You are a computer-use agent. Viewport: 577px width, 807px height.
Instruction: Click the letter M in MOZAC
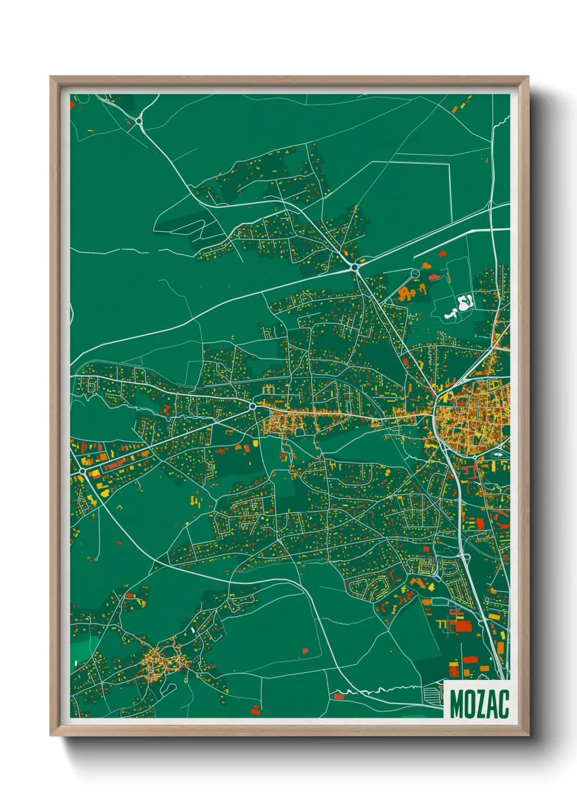coord(457,704)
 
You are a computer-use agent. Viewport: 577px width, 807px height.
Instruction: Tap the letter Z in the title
coord(480,704)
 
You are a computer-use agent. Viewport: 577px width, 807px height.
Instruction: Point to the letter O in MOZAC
coord(469,704)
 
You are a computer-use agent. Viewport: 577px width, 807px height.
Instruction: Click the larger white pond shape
coord(466,302)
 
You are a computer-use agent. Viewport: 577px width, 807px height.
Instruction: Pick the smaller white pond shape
coord(450,315)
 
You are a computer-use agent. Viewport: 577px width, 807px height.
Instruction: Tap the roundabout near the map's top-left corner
coord(139,121)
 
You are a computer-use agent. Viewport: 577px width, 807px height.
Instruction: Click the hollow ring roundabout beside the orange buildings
coord(415,273)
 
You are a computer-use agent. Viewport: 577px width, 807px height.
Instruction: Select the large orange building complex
coord(406,293)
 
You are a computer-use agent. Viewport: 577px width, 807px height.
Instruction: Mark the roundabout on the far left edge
coord(82,469)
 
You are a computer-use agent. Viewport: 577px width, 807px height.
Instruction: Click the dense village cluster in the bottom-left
coord(161,663)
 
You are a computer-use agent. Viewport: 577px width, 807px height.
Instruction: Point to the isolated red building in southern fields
coord(305,651)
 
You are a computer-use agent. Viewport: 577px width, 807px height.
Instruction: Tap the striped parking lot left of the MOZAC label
coord(432,695)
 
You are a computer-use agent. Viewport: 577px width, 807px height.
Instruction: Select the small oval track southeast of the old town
coord(498,452)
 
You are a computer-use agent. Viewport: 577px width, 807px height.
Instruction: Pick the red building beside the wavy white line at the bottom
coord(339,696)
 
